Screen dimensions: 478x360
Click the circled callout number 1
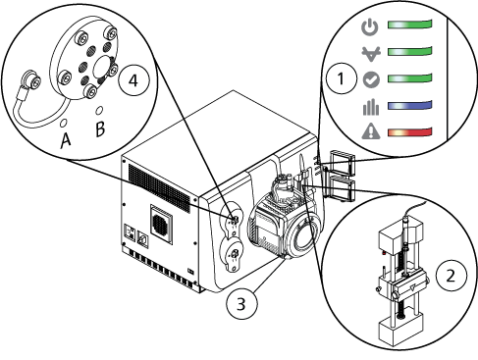click(342, 78)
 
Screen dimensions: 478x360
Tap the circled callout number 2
click(451, 276)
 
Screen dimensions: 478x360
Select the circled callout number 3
click(241, 304)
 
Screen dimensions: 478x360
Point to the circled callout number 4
click(133, 80)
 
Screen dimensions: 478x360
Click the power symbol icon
click(370, 26)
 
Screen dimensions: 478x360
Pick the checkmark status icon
click(371, 79)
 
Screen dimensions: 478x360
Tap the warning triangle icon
click(371, 131)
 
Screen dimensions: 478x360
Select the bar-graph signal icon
click(371, 108)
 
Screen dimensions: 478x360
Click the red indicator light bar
click(410, 131)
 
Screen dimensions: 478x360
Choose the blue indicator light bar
click(410, 105)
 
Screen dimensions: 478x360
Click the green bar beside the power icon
click(410, 25)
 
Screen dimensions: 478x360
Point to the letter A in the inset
click(66, 140)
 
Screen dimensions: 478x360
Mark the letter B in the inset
click(100, 129)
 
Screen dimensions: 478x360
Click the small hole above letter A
click(64, 123)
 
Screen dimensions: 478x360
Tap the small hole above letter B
click(99, 110)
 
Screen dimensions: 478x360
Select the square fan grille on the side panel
click(161, 225)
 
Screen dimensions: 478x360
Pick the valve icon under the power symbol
click(371, 54)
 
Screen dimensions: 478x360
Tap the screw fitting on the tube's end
click(30, 80)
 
